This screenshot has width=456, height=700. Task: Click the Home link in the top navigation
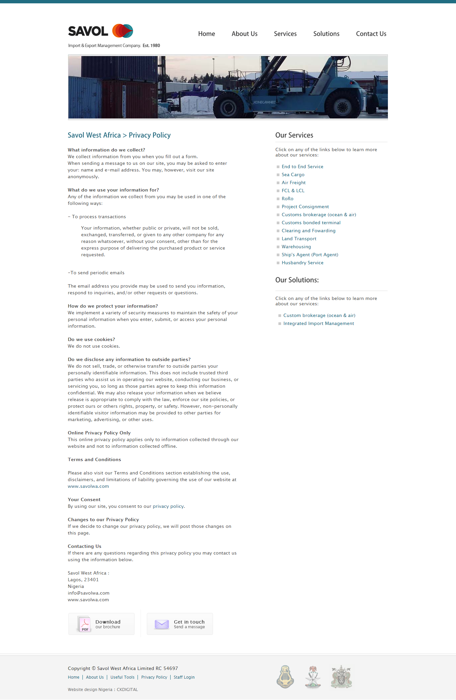click(x=206, y=34)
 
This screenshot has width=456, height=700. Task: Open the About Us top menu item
click(x=244, y=34)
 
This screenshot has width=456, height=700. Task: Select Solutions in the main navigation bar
click(x=326, y=34)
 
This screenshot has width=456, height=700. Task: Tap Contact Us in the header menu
click(x=371, y=34)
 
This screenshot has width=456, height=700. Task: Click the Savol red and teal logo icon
click(x=123, y=31)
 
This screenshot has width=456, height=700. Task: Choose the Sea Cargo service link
click(x=293, y=174)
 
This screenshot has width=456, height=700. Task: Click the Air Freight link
click(x=293, y=183)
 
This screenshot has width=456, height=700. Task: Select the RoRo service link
click(x=287, y=199)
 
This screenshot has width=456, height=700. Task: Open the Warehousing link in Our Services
click(x=296, y=247)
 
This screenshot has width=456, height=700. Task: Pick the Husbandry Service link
click(x=302, y=263)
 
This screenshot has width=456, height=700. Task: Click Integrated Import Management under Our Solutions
click(x=318, y=323)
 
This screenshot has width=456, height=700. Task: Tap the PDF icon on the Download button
click(x=84, y=624)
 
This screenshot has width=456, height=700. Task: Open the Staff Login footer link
click(x=184, y=677)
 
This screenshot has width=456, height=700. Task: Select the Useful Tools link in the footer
click(x=122, y=677)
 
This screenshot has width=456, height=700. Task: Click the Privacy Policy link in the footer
click(x=154, y=677)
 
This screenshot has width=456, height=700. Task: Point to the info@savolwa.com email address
click(x=88, y=593)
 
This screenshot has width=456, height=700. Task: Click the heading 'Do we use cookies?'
click(x=91, y=339)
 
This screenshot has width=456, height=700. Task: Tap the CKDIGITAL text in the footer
click(x=127, y=690)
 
